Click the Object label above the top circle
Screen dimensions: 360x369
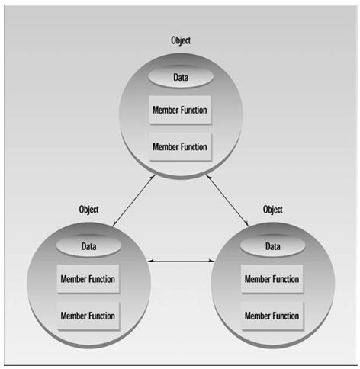(x=181, y=40)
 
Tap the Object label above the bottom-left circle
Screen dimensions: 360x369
(x=88, y=210)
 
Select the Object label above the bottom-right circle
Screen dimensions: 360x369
(x=273, y=210)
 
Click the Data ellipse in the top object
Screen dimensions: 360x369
(x=181, y=77)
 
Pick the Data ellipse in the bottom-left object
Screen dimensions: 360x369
(x=88, y=246)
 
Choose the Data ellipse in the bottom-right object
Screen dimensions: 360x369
(x=273, y=246)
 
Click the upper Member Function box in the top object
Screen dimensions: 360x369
(x=180, y=110)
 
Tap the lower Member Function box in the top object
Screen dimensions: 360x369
(x=181, y=147)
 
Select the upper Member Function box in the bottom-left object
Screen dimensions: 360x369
(x=88, y=279)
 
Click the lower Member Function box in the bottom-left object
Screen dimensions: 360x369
(x=88, y=316)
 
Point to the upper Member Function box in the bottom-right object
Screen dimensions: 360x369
(x=272, y=279)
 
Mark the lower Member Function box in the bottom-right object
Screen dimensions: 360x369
(x=272, y=316)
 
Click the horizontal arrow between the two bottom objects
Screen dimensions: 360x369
(x=182, y=261)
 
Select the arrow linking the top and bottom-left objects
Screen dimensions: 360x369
(x=133, y=201)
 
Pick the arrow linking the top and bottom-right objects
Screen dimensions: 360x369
(x=227, y=201)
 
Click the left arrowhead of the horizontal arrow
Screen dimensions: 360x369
(x=151, y=261)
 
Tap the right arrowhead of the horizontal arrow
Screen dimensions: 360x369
(x=212, y=261)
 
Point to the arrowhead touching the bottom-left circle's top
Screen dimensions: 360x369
(x=114, y=224)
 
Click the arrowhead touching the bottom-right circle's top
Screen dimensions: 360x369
(x=246, y=224)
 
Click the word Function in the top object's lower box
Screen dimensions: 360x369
(x=194, y=147)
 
